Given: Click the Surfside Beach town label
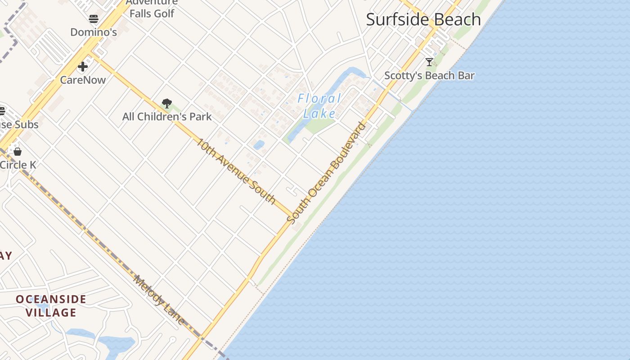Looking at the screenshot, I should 423,20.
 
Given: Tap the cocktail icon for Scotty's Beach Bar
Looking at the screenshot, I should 429,62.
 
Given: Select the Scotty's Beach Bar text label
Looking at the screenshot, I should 429,76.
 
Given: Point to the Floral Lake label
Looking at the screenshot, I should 319,106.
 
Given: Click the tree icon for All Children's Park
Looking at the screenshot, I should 167,103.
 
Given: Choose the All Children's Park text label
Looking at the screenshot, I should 167,117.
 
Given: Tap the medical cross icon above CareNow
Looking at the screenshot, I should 83,67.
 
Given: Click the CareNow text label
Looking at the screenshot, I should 83,80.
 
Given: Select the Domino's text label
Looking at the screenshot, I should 94,32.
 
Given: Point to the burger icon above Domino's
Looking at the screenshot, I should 94,19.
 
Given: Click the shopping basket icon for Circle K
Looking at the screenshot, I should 18,152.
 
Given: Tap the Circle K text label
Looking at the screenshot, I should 18,165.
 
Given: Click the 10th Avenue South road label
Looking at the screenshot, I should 236,171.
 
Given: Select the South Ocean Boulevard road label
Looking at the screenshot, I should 327,173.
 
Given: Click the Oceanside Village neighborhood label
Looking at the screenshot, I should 51,306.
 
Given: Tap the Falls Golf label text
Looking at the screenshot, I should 152,13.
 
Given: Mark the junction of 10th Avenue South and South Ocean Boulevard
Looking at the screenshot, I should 294,215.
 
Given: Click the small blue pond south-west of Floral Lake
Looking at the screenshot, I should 259,145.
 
